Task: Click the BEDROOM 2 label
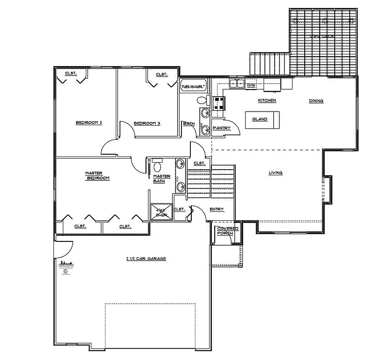tap(89, 123)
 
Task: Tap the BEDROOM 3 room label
tap(147, 123)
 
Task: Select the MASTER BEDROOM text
tap(97, 175)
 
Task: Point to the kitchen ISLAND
tap(260, 119)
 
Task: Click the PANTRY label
tap(221, 128)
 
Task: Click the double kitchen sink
tap(237, 84)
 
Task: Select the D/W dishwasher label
tap(251, 85)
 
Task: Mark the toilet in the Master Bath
tap(157, 166)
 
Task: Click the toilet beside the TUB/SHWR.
tap(201, 100)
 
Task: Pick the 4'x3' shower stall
tap(161, 212)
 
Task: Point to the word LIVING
tap(275, 173)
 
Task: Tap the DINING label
tap(316, 101)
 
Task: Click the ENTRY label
tap(217, 209)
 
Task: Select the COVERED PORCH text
tap(227, 231)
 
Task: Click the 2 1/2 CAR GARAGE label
tap(146, 258)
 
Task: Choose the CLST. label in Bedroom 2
tap(71, 73)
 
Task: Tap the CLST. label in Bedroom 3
tap(162, 75)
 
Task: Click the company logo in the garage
tap(66, 267)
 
